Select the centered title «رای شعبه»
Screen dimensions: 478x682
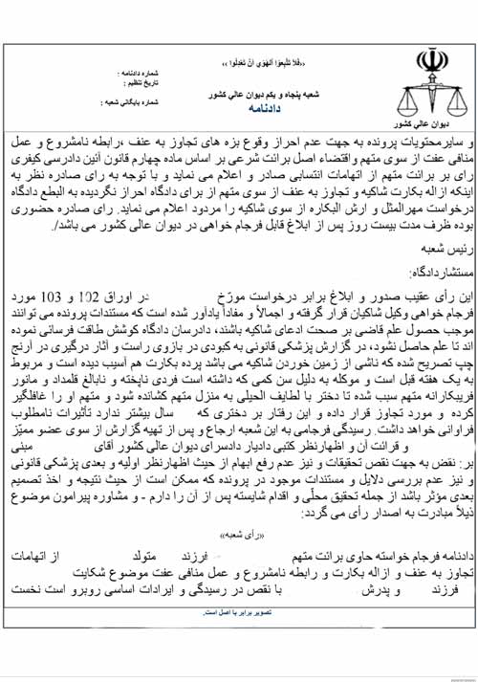[x=240, y=539]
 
